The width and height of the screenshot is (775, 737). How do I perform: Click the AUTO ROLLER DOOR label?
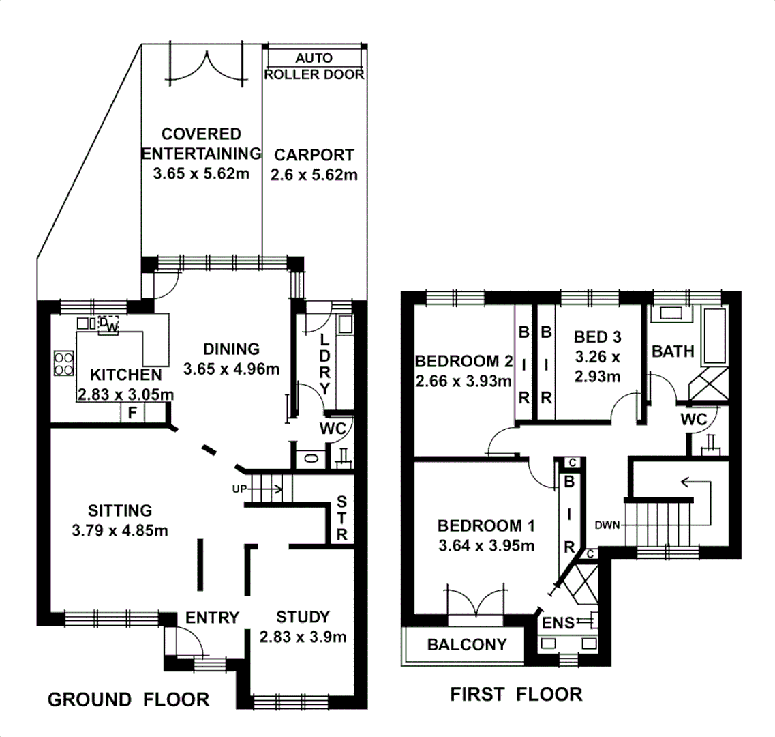314,66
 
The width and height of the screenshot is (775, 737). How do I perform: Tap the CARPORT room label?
314,155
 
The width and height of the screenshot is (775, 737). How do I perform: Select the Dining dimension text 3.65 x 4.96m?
231,369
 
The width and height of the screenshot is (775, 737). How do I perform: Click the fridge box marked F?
132,413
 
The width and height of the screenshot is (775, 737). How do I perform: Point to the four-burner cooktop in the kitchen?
64,363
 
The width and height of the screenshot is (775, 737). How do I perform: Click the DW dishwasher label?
109,325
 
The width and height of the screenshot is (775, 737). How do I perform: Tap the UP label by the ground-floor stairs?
239,489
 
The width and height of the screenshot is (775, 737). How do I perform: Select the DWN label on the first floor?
607,525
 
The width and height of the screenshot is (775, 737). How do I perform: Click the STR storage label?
341,518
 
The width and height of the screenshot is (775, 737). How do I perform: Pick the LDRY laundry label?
324,364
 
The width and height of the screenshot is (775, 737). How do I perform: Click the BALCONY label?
467,644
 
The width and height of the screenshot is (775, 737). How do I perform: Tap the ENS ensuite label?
558,622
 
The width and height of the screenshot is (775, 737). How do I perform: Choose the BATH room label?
673,351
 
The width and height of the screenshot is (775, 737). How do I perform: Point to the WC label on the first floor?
693,419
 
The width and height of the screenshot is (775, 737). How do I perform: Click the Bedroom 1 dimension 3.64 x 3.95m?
487,545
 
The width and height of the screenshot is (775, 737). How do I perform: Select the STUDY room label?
303,617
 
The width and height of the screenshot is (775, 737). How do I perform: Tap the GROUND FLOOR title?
129,699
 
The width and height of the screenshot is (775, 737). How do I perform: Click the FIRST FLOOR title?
516,694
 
